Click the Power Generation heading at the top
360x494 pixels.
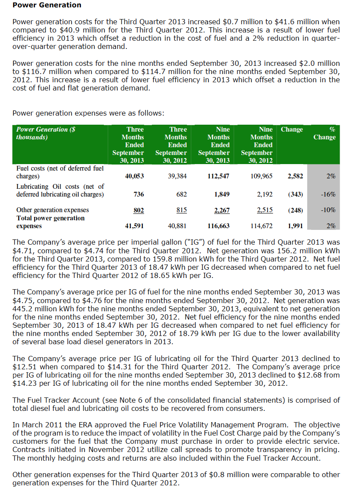[x=47, y=5]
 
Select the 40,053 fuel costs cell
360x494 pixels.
[x=135, y=176]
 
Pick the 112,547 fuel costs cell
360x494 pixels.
[x=219, y=176]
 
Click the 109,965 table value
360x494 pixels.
[x=261, y=176]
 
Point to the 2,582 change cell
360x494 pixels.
[x=295, y=176]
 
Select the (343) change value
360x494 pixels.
[x=295, y=194]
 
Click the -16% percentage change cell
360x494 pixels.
[x=328, y=194]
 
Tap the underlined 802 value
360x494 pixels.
[x=138, y=210]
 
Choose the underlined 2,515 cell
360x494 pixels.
[x=265, y=210]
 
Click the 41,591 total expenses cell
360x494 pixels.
[x=135, y=226]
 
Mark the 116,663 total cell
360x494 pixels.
[x=219, y=226]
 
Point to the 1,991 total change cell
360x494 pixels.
[x=295, y=226]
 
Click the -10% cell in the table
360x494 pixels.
[x=328, y=210]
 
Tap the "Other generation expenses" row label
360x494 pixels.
[x=52, y=210]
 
